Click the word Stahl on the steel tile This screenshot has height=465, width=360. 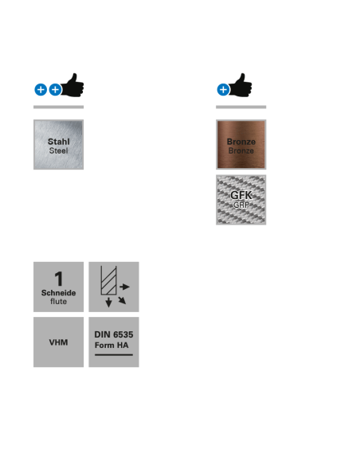(x=59, y=142)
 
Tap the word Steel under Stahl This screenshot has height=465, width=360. (x=59, y=150)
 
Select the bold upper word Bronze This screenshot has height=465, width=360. (x=241, y=142)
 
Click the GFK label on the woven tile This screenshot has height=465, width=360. (x=241, y=195)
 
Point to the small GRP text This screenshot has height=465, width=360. (x=241, y=205)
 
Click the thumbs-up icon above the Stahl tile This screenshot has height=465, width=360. (x=72, y=85)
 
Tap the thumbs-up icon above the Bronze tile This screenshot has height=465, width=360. (x=241, y=85)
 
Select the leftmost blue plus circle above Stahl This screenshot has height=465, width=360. (x=41, y=89)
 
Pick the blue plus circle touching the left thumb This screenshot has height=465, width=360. (x=55, y=89)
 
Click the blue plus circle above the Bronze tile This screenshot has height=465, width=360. (x=223, y=89)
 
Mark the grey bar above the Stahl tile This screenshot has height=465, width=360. (x=58, y=107)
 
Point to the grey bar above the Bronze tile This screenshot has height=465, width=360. (x=241, y=107)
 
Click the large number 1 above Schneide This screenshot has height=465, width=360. (x=59, y=279)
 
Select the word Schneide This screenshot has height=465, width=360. (x=58, y=293)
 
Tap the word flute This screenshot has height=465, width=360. (x=58, y=302)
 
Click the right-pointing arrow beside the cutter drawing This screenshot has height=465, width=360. (x=124, y=287)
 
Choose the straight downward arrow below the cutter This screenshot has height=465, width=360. (x=108, y=302)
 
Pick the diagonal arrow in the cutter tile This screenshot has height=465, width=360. (x=122, y=300)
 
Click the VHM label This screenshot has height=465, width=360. (x=58, y=342)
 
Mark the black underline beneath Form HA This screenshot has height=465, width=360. (x=114, y=354)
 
